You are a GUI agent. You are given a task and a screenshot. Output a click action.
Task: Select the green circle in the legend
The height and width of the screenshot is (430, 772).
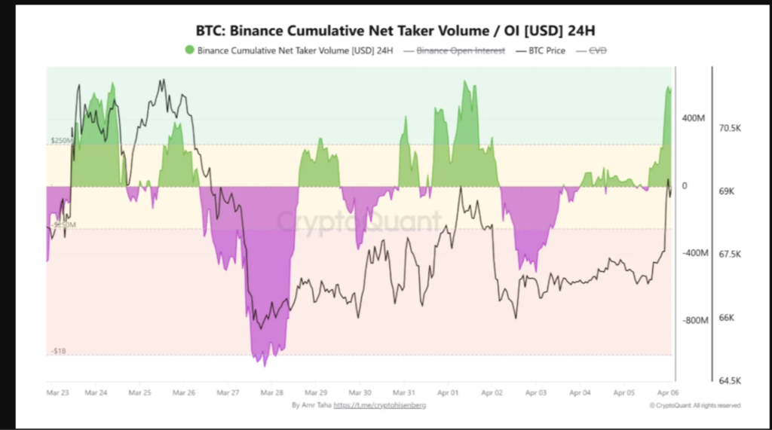pos(189,50)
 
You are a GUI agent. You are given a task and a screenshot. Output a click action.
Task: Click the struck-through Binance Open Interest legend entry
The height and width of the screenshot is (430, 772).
pos(461,51)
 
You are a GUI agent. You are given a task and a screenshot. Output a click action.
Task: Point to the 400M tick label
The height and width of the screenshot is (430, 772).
pos(695,119)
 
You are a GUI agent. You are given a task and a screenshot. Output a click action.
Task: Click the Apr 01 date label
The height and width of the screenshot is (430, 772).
pos(448,393)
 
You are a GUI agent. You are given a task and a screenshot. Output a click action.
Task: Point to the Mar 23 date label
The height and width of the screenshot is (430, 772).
pos(58,393)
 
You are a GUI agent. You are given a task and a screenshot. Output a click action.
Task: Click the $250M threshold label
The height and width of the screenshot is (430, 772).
pos(61,141)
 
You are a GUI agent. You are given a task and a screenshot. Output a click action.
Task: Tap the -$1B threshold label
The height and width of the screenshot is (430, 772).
pos(58,351)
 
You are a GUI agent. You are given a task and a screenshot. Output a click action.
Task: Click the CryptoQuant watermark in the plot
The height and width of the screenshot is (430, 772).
pos(357,222)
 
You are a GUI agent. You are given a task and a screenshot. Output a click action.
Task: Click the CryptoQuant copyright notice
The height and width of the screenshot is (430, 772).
pos(694,405)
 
